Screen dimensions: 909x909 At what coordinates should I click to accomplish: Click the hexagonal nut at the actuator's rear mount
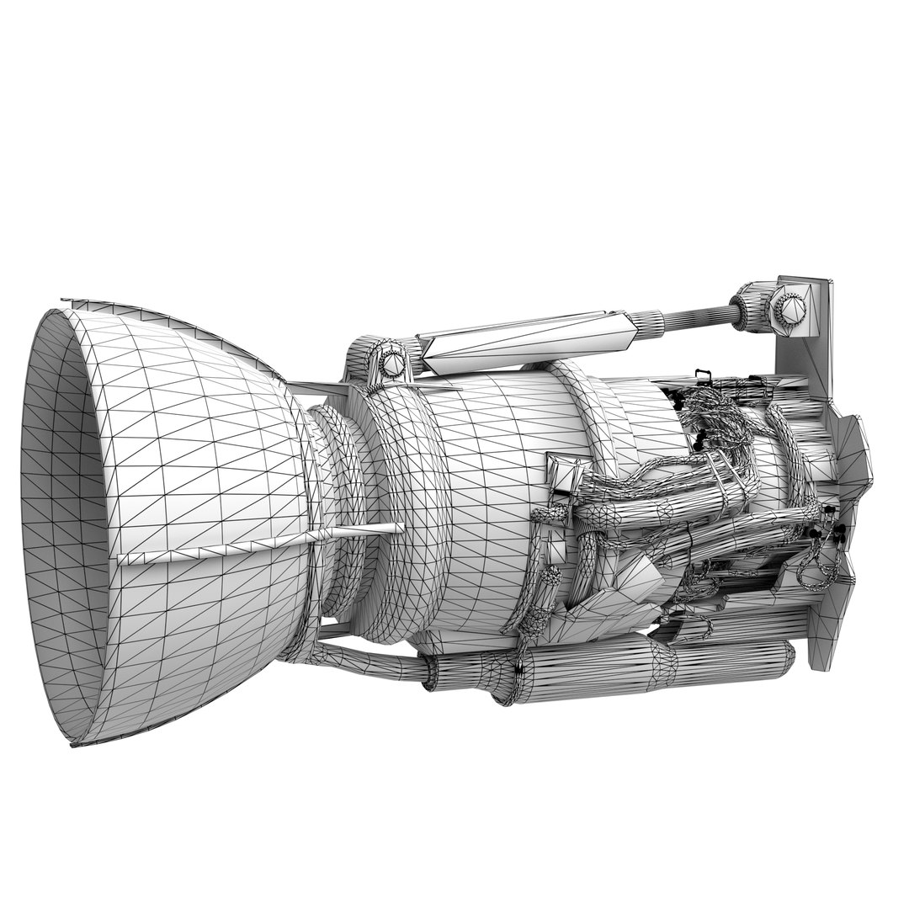(788, 309)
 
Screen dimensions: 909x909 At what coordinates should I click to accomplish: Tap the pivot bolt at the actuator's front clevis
(391, 363)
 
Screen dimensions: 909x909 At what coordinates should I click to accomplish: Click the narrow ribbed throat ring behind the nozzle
(337, 513)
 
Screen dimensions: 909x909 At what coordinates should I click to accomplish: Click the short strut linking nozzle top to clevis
(316, 389)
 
